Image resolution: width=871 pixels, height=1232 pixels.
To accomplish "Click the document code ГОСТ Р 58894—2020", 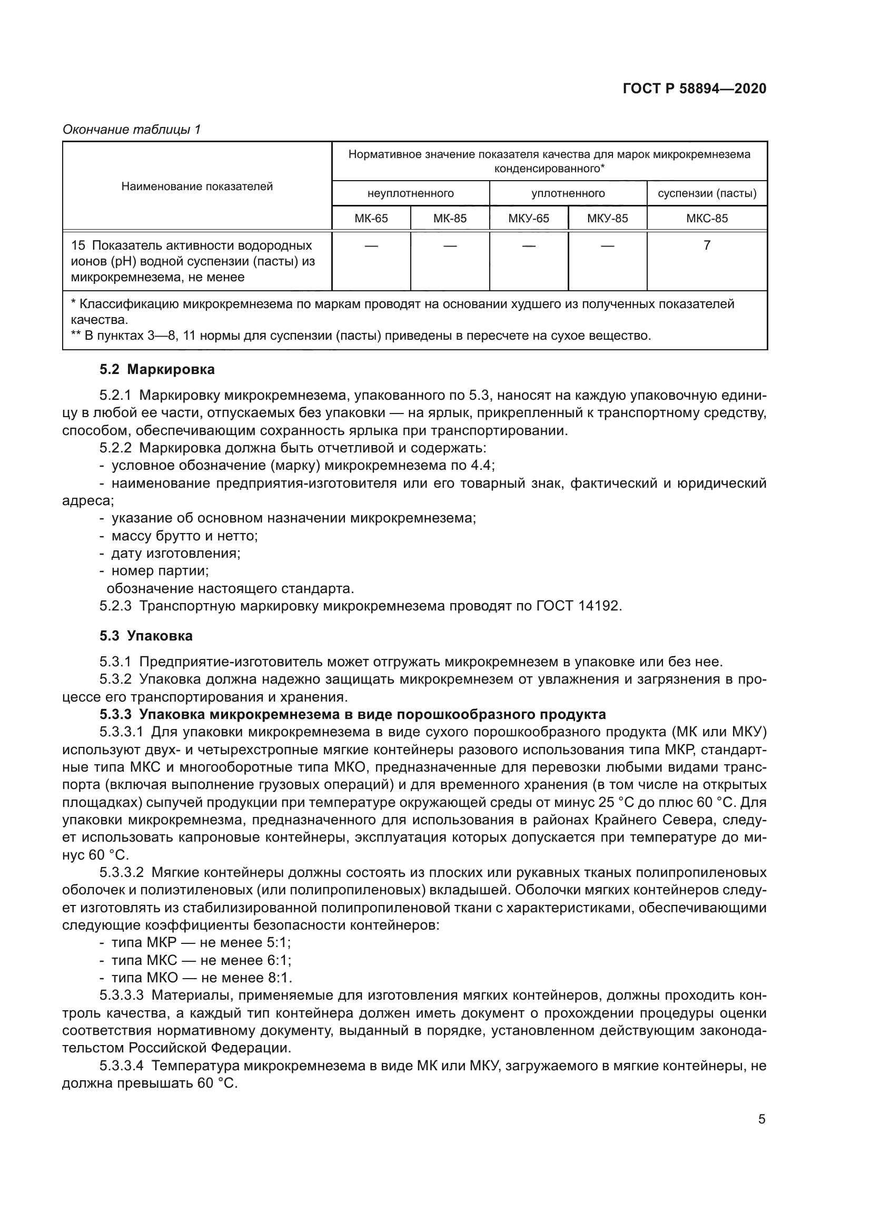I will point(695,88).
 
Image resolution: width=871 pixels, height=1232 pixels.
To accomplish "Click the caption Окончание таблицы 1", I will point(132,130).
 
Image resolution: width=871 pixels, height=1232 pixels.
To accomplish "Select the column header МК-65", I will point(371,219).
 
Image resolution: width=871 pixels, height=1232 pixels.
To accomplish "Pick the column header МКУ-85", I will point(607,219).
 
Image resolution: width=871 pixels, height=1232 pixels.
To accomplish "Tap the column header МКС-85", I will point(707,219).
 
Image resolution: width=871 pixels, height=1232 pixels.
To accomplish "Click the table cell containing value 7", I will point(707,245).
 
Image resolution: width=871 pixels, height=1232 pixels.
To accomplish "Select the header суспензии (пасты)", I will point(707,193).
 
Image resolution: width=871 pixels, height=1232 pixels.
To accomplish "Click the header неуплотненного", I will point(410,193).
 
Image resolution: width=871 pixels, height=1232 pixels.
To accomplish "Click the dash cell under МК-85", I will point(450,247).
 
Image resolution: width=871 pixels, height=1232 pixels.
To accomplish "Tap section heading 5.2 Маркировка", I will point(157,369).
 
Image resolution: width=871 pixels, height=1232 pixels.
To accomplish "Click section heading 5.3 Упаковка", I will point(146,636).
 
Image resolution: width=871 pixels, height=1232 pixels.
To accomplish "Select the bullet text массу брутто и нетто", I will point(184,536).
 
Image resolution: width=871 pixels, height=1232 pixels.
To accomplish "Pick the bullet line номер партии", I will point(160,571).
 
